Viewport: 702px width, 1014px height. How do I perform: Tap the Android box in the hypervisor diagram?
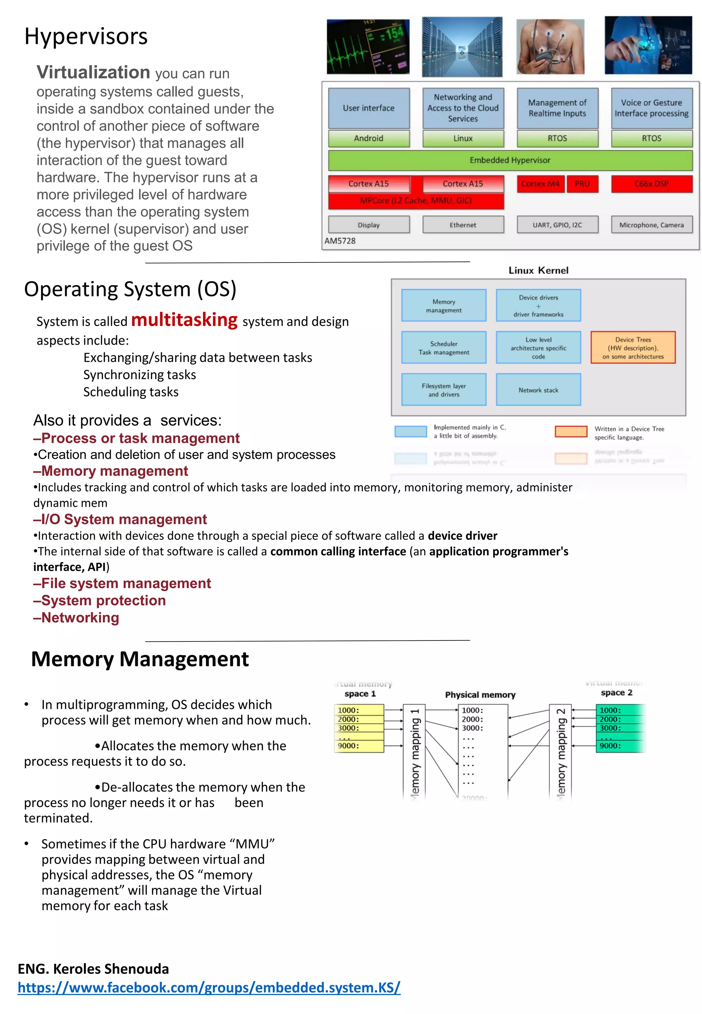coord(368,138)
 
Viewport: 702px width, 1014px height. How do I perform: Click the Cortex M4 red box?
coord(540,184)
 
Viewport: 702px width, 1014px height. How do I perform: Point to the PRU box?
coord(582,184)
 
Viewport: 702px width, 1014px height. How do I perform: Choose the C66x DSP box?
coord(651,184)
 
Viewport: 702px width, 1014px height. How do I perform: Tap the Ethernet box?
coord(463,225)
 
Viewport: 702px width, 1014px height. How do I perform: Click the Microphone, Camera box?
coord(651,225)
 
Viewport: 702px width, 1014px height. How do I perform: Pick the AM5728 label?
coord(340,241)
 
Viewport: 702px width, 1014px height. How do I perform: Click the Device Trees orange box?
coord(633,348)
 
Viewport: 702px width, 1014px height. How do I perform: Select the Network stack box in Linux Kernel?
coord(538,390)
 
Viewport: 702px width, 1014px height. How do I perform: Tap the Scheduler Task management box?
coord(444,348)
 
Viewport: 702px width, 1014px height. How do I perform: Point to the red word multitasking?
coord(184,320)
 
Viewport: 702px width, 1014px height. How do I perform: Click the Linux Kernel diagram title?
coord(538,270)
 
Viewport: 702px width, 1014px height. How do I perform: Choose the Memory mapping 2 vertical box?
coord(560,752)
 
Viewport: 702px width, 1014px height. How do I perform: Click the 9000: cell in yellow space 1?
coord(359,746)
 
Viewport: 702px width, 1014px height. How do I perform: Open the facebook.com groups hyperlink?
coord(209,988)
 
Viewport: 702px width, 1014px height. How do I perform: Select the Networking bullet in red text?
coord(76,618)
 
